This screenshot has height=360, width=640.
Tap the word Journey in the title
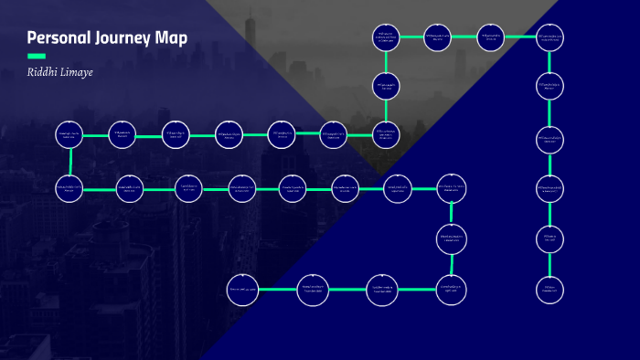(x=126, y=38)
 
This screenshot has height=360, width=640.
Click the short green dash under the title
(x=37, y=56)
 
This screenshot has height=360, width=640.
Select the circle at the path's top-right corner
(x=549, y=37)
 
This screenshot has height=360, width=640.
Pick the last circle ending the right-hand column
(x=549, y=290)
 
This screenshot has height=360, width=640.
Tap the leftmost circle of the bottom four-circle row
(x=240, y=290)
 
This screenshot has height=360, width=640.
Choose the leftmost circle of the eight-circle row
(x=70, y=189)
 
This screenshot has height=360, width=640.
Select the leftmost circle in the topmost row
(x=386, y=37)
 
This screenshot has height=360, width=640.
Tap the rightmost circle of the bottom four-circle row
(x=452, y=290)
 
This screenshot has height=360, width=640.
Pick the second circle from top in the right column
(x=549, y=86)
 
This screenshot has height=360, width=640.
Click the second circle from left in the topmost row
(x=438, y=37)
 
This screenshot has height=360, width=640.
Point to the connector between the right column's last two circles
(x=549, y=264)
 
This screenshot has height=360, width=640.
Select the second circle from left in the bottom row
(x=313, y=290)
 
